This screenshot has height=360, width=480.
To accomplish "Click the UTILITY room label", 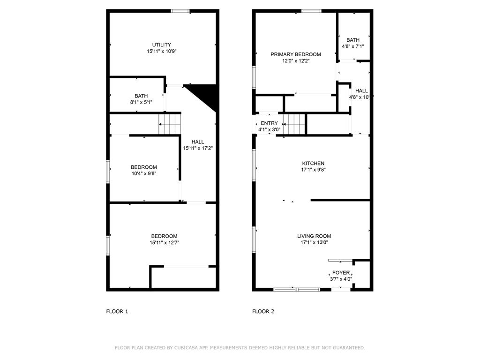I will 161,45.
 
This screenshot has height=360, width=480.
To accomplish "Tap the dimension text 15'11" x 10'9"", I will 161,52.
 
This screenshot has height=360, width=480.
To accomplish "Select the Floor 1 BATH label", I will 141,96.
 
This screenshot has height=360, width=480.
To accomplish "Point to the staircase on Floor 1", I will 170,124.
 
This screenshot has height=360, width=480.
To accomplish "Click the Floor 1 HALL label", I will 198,142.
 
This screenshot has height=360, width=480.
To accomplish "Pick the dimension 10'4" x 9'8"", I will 143,174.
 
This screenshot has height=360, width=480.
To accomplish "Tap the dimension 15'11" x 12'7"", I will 164,243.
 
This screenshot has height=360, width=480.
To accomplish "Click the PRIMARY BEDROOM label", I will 296,54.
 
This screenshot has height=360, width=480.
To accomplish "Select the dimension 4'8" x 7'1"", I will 353,46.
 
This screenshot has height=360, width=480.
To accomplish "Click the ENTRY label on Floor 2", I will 269,123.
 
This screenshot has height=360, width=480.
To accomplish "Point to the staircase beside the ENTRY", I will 293,125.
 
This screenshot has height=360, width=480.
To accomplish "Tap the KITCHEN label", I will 313,163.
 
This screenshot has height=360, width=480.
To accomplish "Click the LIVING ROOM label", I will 314,236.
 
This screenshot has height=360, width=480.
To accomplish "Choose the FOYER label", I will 341,273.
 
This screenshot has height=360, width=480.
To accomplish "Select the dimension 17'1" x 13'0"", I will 314,243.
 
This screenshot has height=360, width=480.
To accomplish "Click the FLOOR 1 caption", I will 117,311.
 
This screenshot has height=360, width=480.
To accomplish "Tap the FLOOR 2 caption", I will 263,311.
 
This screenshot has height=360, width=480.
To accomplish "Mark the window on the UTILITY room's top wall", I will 180,11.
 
